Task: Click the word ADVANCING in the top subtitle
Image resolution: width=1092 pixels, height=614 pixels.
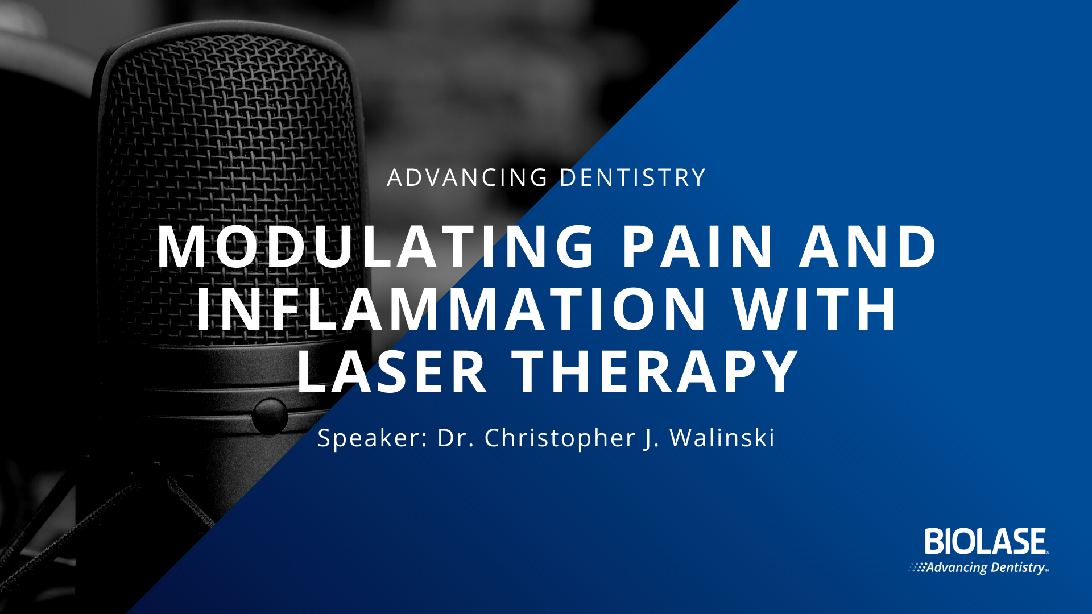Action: click(468, 178)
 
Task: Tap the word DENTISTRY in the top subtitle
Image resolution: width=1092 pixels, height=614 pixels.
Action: click(633, 178)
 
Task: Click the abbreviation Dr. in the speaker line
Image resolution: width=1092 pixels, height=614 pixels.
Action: click(456, 438)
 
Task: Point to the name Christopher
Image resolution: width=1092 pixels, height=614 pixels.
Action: click(560, 438)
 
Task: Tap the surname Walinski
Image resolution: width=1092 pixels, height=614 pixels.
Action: click(722, 437)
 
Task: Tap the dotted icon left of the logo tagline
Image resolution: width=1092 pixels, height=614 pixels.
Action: click(917, 567)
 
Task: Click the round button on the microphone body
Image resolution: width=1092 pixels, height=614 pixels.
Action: click(270, 416)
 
